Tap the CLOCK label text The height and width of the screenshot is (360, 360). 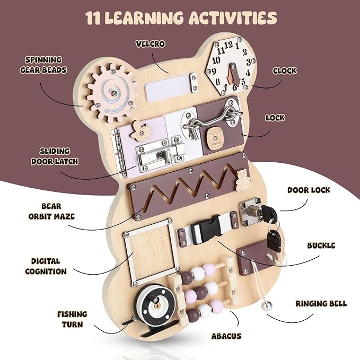(284, 71)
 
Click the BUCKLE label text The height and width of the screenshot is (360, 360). (320, 245)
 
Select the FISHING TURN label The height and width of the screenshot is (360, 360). (72, 319)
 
